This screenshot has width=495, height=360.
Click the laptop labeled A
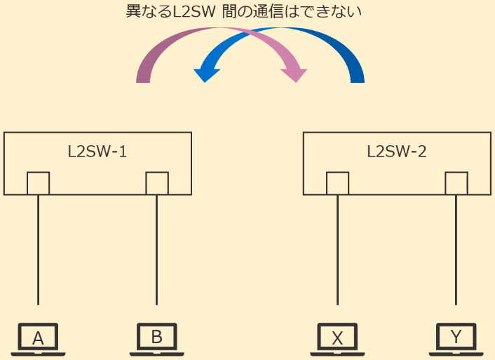pos(39,339)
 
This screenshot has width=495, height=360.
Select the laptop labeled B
pos(156,339)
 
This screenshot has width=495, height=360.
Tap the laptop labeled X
pos(337,339)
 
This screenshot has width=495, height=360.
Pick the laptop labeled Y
pos(456,339)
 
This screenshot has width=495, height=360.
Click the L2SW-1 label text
pos(97,151)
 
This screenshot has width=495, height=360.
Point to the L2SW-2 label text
pos(397,151)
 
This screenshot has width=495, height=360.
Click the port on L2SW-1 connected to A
pos(38,183)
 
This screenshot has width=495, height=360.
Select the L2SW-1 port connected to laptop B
pos(156,183)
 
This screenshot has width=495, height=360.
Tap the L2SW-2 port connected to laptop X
pos(337,183)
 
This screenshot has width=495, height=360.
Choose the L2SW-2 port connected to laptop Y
pos(456,183)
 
